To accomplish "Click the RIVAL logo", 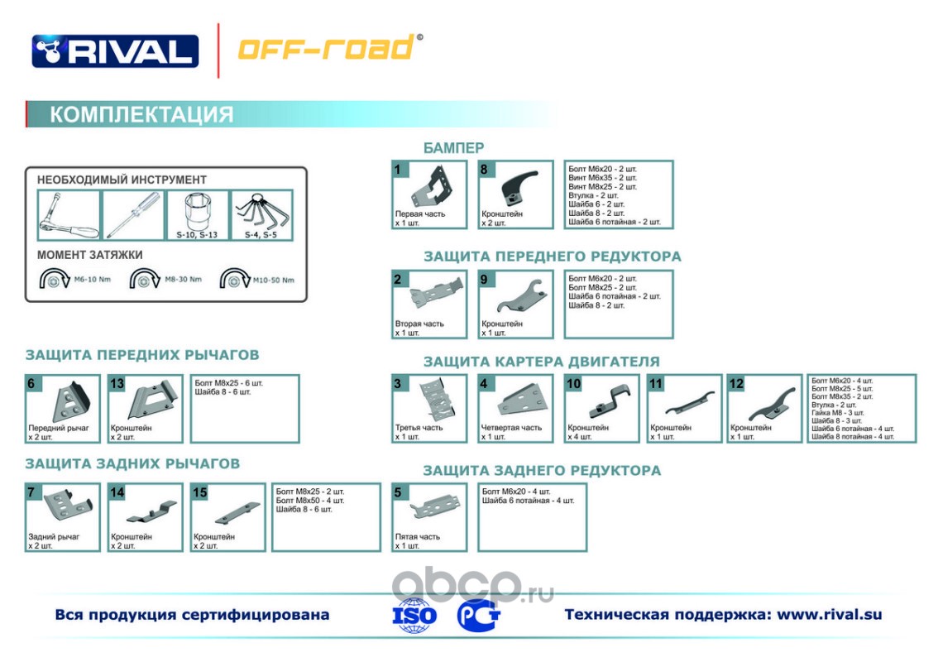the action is click(x=115, y=50).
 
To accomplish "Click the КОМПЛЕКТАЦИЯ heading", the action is click(x=141, y=114).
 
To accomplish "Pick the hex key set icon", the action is click(x=261, y=212).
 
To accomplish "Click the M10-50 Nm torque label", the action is click(x=273, y=280).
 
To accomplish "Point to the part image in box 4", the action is click(x=521, y=402).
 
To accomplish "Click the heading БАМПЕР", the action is click(x=453, y=148).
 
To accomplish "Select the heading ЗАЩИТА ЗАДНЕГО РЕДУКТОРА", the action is click(x=542, y=471).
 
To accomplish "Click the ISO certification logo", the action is click(x=414, y=616).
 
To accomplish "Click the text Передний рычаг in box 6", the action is click(x=59, y=428).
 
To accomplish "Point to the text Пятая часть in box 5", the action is click(x=417, y=536).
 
